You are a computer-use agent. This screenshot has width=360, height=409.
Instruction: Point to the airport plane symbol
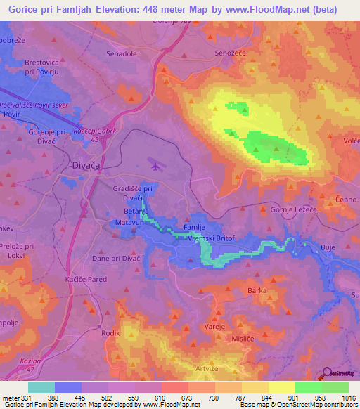click(155, 166)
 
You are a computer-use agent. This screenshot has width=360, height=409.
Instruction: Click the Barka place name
click(257, 290)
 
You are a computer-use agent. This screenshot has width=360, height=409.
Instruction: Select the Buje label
click(328, 247)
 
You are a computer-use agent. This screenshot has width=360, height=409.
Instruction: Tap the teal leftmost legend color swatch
click(41, 387)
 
